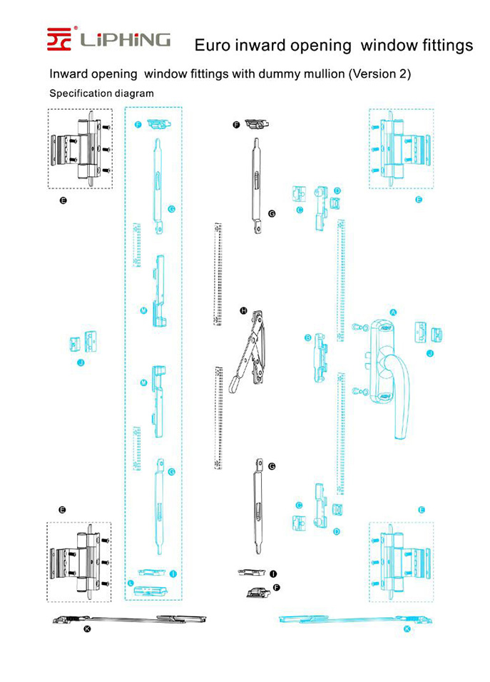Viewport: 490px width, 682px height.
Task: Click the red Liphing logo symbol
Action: coord(61,39)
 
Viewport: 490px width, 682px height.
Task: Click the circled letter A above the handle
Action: coord(392,312)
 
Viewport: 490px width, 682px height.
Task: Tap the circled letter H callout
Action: coord(244,310)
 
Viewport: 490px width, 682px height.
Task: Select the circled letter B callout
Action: coord(308,337)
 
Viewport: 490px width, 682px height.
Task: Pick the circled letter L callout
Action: coord(131,583)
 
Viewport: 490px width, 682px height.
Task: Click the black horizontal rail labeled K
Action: coord(128,619)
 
